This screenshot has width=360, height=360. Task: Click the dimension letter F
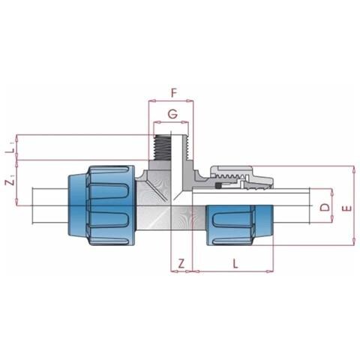coord(174,93)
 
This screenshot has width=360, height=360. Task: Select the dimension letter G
coord(172,114)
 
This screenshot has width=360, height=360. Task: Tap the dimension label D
coord(325,207)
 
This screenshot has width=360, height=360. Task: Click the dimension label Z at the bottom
coord(181,263)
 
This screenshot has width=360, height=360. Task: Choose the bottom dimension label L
coord(235,263)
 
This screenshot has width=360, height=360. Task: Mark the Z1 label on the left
coord(10,181)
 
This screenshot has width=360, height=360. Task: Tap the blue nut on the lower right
coord(240,225)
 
